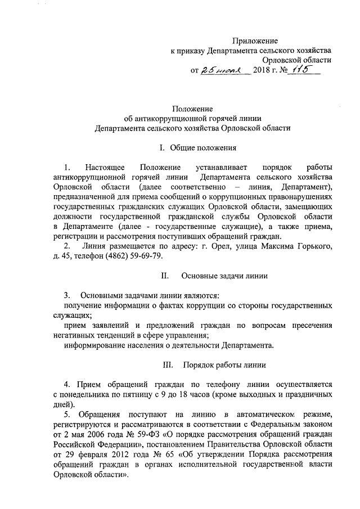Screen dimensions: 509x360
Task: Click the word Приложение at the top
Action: (256, 40)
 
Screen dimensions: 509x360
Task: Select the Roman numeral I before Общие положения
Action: (161, 148)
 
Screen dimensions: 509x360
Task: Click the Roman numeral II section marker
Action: (165, 276)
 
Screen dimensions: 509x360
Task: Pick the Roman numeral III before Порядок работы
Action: (167, 365)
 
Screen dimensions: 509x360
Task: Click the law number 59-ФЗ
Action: (145, 435)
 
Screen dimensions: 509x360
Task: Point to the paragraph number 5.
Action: (67, 415)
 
